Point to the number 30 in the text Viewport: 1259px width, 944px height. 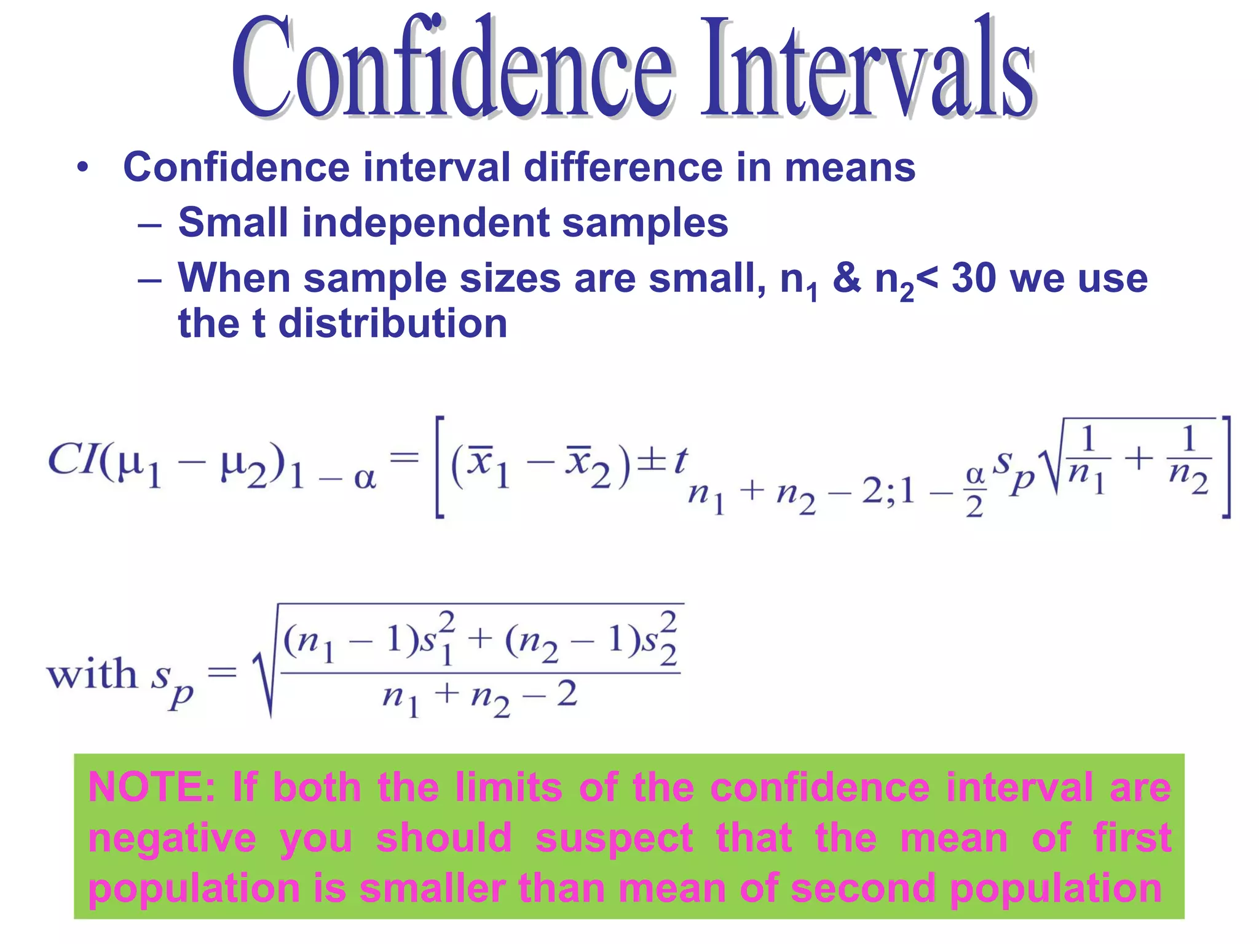click(974, 278)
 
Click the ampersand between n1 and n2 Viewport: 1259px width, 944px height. click(847, 278)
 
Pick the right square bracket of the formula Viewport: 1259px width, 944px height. click(1225, 467)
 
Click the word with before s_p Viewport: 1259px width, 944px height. click(92, 674)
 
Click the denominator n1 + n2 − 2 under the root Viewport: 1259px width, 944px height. click(480, 698)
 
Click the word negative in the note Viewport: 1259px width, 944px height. click(172, 838)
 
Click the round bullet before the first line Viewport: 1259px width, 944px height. click(82, 167)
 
